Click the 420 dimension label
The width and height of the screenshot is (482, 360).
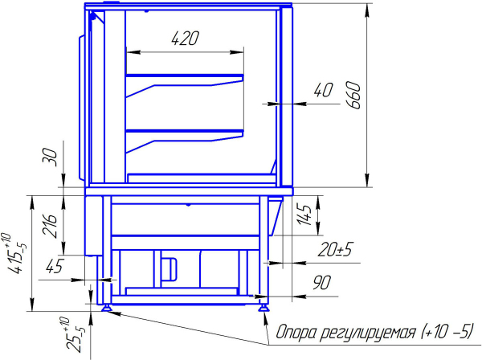click(185, 39)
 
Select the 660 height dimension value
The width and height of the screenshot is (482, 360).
click(353, 95)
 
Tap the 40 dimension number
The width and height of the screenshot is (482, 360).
click(323, 90)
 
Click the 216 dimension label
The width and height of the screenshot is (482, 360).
click(50, 226)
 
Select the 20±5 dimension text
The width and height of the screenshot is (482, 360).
click(335, 249)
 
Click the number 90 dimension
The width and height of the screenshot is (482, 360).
click(322, 283)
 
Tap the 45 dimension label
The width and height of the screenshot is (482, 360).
click(55, 266)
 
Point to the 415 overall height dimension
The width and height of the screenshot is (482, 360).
click(14, 254)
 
